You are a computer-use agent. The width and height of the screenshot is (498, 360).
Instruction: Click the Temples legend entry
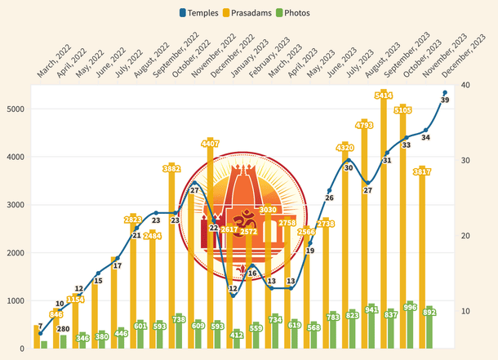point(198,13)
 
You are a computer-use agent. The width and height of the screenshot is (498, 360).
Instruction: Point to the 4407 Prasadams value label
point(210,144)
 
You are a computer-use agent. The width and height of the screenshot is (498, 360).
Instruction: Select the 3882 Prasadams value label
point(171,169)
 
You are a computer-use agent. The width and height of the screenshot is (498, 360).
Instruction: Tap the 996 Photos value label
point(410,306)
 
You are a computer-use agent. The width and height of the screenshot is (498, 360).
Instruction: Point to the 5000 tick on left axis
point(16,109)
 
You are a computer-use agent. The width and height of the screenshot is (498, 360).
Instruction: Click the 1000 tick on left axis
point(16,301)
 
